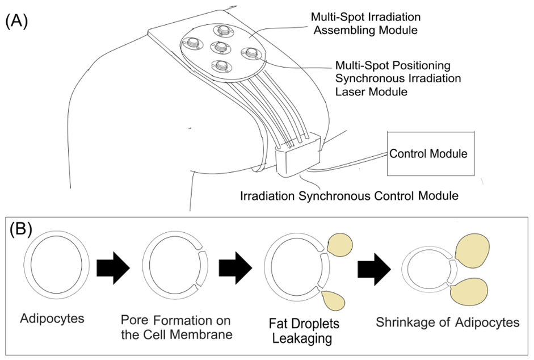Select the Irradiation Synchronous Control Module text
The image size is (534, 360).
[x=349, y=197]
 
